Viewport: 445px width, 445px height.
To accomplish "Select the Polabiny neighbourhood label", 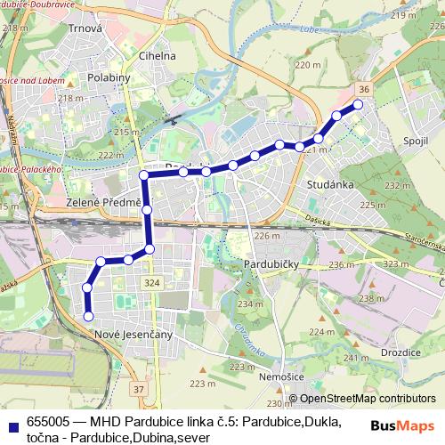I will (x=111, y=77).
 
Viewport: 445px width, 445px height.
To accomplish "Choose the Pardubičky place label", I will (x=275, y=265).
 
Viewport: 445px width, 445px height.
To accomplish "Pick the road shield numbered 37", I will (x=138, y=389).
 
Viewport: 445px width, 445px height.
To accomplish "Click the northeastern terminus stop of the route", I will (x=359, y=105).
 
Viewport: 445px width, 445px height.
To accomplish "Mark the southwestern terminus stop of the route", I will (x=88, y=316).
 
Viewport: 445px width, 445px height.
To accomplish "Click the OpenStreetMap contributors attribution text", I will (x=368, y=399).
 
